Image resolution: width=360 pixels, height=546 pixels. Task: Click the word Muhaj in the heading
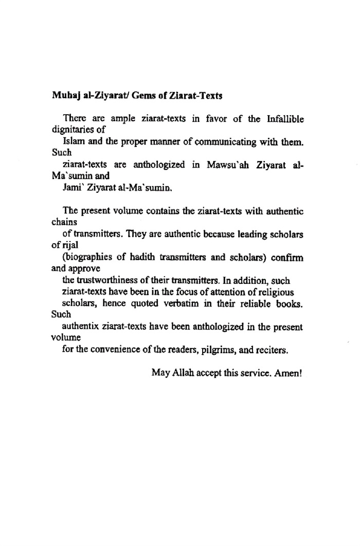[64, 96]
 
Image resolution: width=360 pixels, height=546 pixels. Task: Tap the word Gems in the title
[141, 96]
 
